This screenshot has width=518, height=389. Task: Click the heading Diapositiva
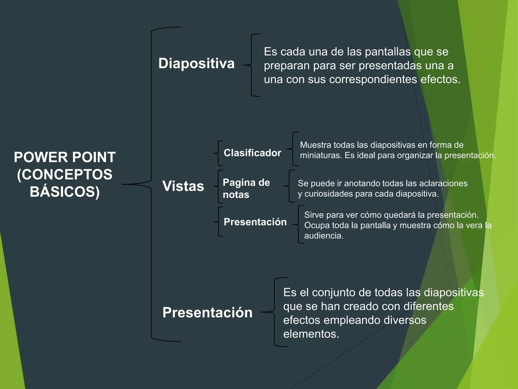click(x=196, y=63)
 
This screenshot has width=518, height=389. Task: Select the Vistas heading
click(x=183, y=186)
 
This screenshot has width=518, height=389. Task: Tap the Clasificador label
click(x=252, y=153)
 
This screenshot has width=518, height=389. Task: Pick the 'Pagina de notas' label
click(x=246, y=188)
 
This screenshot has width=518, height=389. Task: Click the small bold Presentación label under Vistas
click(x=255, y=222)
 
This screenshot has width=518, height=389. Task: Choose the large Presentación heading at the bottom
click(x=207, y=312)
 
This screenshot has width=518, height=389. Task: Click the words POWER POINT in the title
click(x=65, y=157)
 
